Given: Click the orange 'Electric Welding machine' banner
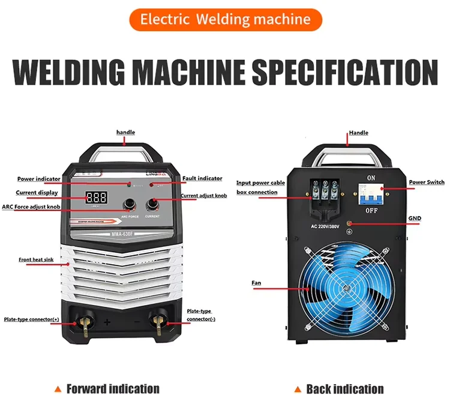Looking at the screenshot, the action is pos(224,19).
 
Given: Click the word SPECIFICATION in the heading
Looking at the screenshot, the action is pos(344,72).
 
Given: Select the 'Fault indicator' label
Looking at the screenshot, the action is pos(202,178).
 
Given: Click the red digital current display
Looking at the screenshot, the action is pos(97,197).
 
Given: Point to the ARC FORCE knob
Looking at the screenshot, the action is pos(129,203).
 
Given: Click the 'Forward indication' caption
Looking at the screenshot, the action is pos(113,389).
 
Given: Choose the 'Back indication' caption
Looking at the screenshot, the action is pos(344,389).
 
